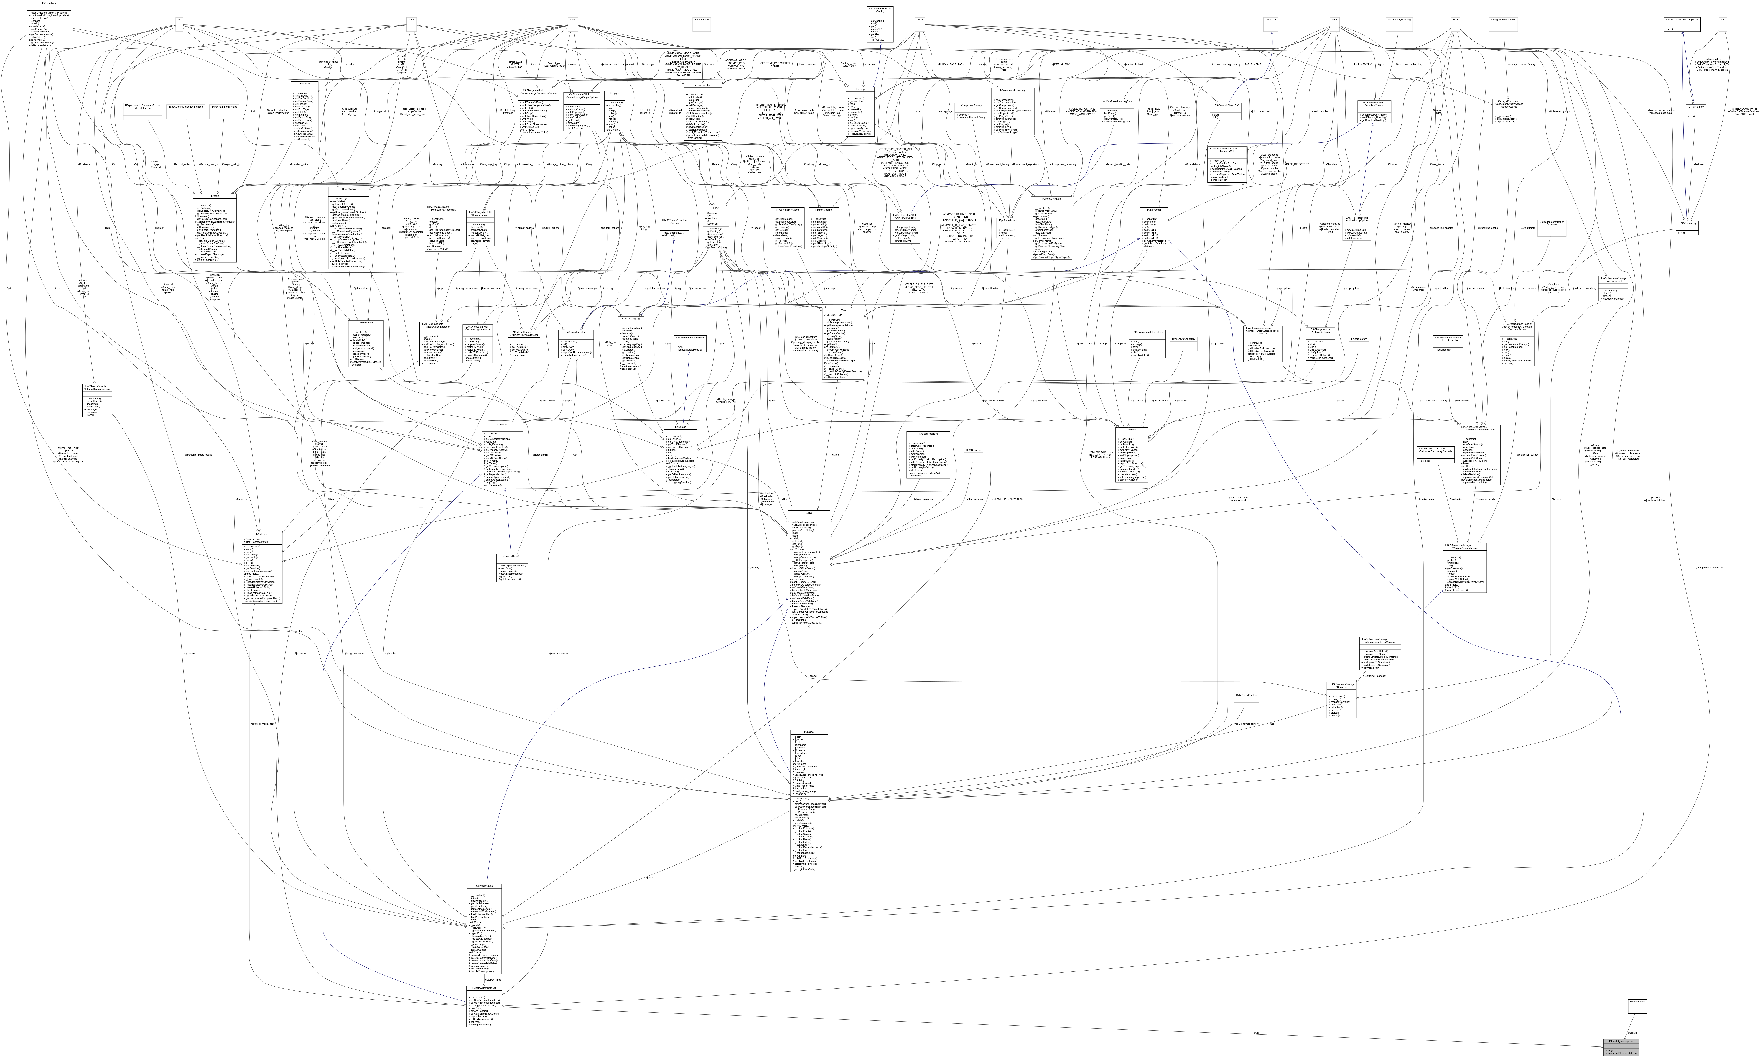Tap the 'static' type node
tap(411, 20)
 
